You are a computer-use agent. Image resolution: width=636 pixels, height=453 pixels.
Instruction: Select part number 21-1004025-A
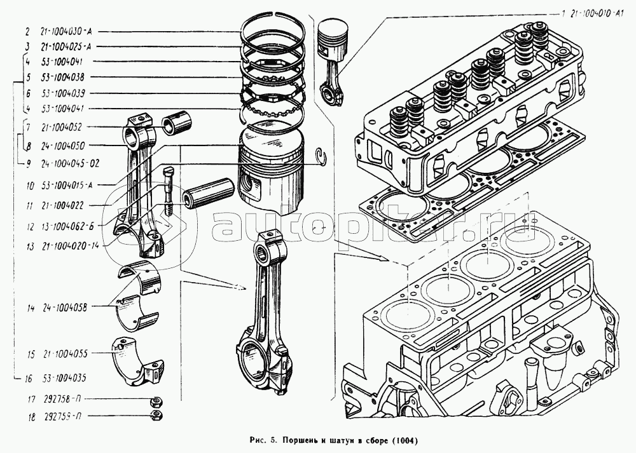click(x=68, y=46)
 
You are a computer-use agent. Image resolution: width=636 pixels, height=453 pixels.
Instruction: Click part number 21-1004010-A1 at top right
click(x=595, y=13)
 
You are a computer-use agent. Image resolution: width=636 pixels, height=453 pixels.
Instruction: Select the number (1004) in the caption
click(x=404, y=440)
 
